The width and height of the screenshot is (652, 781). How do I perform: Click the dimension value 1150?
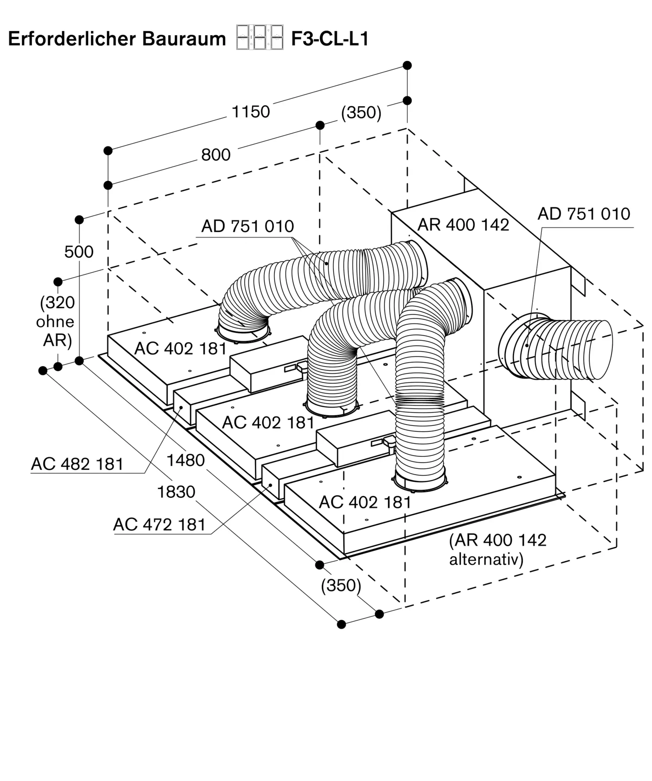point(251,112)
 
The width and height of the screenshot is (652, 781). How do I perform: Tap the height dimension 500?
point(79,252)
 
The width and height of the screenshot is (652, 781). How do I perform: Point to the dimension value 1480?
point(186,461)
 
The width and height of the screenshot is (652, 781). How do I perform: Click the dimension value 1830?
point(176,492)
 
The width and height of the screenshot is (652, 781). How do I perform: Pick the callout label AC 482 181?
point(77,464)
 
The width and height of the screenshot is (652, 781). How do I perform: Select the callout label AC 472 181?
point(159,525)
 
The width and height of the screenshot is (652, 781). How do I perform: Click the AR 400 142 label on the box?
point(463,225)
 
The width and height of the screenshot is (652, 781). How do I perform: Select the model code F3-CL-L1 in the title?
point(330,39)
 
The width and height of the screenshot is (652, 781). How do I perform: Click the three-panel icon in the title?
point(259,37)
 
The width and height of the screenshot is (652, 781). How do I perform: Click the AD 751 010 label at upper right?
point(584,214)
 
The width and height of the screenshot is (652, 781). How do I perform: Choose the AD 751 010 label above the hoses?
point(247,226)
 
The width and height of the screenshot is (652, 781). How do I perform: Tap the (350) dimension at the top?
point(361,113)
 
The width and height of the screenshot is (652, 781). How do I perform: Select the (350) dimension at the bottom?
point(341,585)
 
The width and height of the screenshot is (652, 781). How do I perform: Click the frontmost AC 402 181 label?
point(365,503)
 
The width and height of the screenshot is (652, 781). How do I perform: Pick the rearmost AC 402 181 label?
point(180,349)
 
